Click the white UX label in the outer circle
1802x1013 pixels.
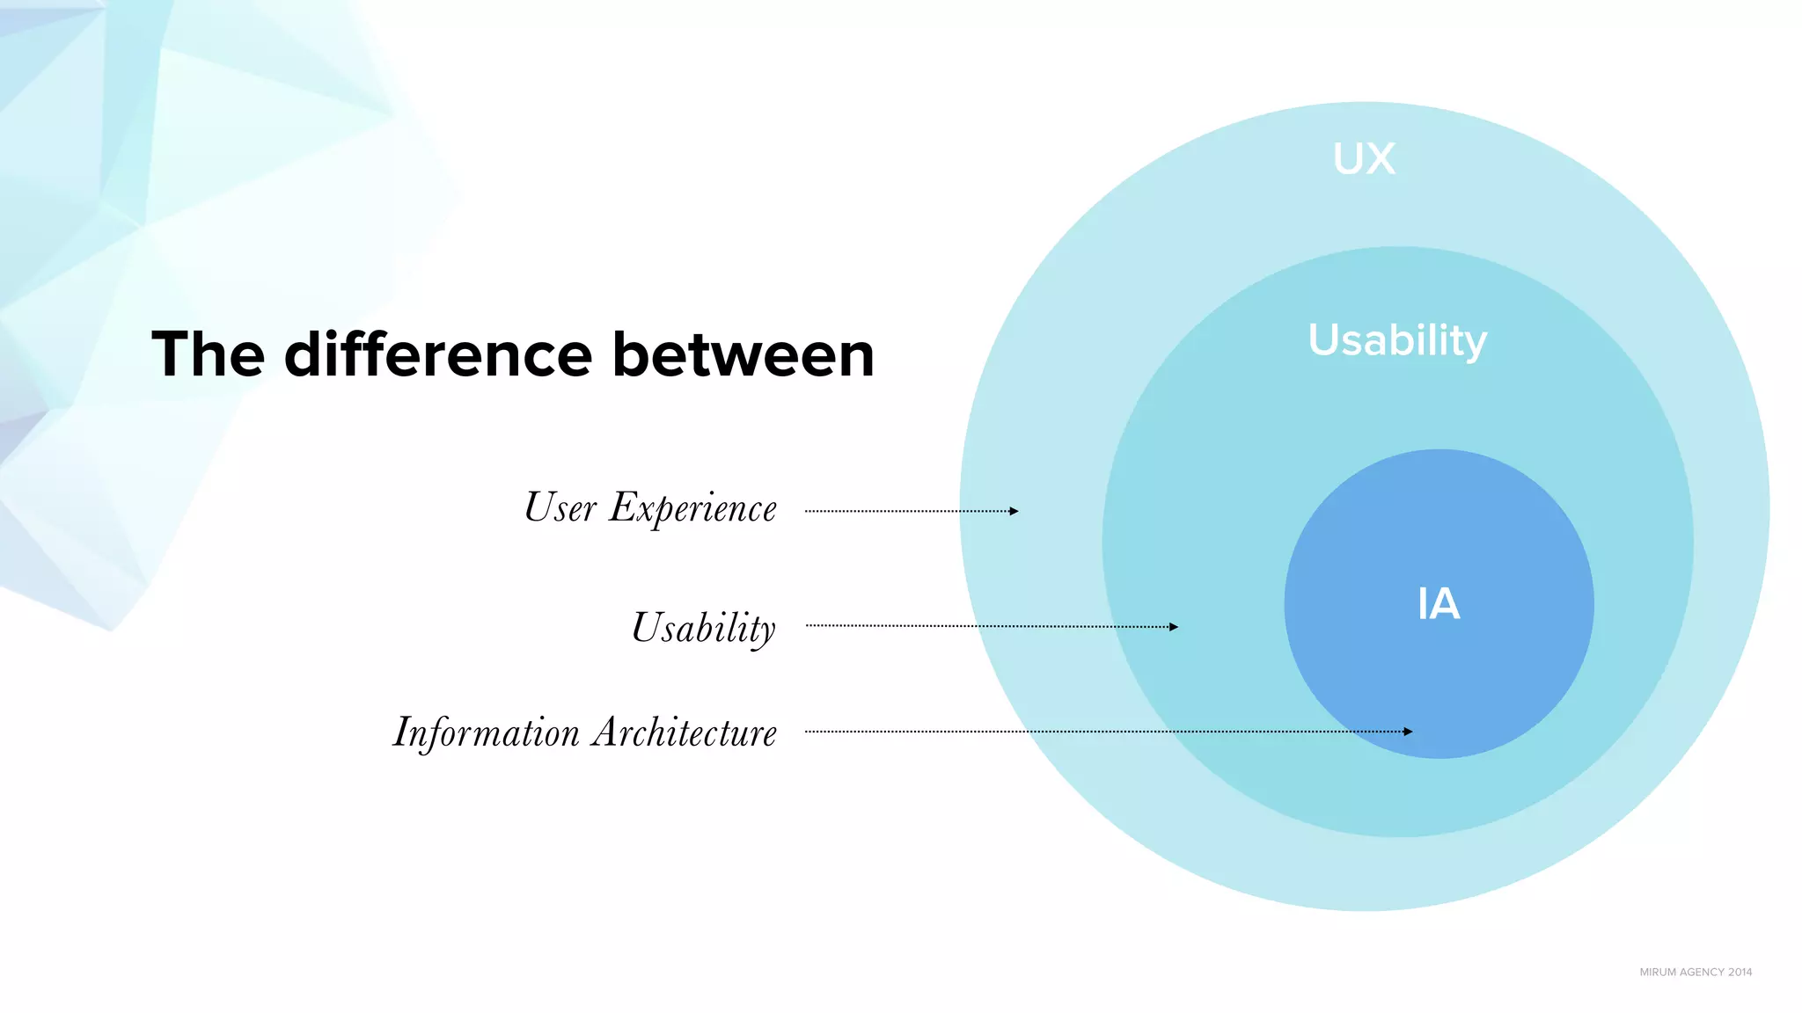click(x=1364, y=159)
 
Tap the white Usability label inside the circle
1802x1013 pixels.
click(x=1397, y=340)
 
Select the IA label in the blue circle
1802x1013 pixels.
click(x=1439, y=604)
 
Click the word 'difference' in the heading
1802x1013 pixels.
click(x=437, y=354)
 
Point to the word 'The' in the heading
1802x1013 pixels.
click(x=208, y=354)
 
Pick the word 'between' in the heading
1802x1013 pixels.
click(x=743, y=354)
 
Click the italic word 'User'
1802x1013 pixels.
click(x=560, y=507)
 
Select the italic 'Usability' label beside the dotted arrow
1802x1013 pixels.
click(x=704, y=628)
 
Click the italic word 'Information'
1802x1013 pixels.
click(x=486, y=732)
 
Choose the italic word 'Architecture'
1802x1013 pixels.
click(x=684, y=732)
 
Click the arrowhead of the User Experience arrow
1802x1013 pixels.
click(x=1014, y=511)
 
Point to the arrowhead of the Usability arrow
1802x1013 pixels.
click(x=1173, y=627)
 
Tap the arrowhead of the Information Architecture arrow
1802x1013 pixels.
click(x=1408, y=732)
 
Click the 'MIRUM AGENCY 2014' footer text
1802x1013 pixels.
click(x=1696, y=972)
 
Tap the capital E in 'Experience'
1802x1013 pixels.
click(x=623, y=507)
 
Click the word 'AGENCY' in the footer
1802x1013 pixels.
click(x=1701, y=972)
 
